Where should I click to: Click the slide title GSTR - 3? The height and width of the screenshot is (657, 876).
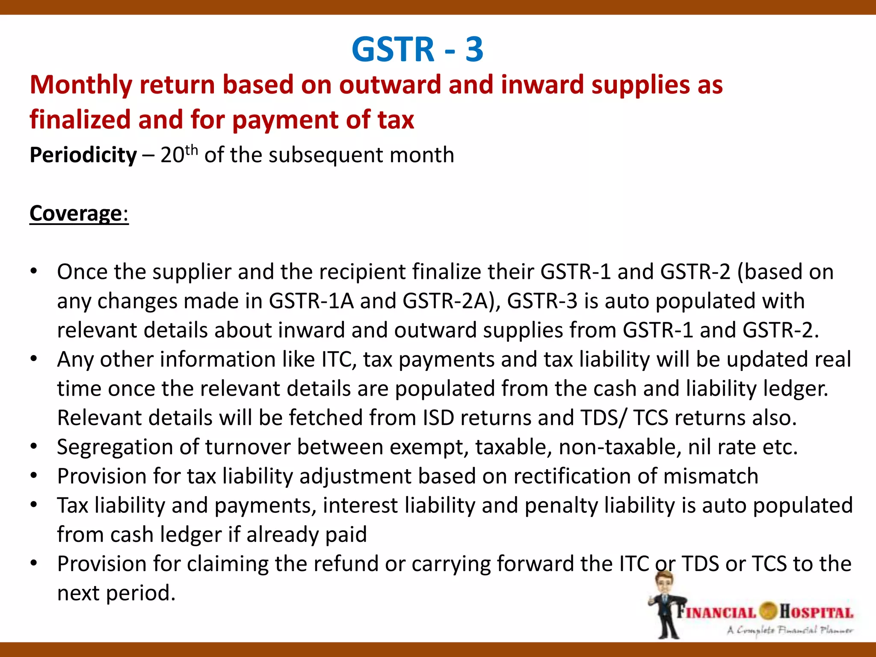click(x=417, y=49)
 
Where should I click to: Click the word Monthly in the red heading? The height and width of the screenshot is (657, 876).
click(x=80, y=85)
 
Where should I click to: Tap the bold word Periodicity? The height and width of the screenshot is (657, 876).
click(x=83, y=155)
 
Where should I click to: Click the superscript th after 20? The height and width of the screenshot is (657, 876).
click(x=192, y=150)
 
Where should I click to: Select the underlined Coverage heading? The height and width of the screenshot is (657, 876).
click(x=76, y=213)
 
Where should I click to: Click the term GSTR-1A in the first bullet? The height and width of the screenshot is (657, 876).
click(x=311, y=301)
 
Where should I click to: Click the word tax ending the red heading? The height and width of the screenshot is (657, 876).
click(x=396, y=120)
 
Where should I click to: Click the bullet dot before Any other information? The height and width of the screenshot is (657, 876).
click(x=34, y=359)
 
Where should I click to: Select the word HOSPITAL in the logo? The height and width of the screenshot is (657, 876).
click(x=816, y=612)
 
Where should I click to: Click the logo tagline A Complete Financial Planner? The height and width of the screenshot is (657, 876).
click(x=790, y=630)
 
